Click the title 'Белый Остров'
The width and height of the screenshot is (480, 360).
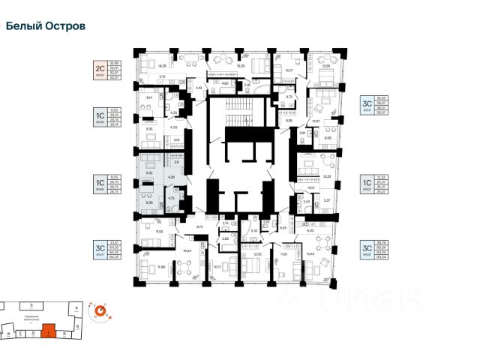45,25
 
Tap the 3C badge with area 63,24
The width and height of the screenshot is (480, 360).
367,250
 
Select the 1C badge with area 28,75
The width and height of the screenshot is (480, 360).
98,184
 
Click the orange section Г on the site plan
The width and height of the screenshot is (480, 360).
49,328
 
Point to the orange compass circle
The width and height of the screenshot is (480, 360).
98,310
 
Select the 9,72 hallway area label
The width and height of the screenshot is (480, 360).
200,226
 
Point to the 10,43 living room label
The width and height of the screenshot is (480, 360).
310,256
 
